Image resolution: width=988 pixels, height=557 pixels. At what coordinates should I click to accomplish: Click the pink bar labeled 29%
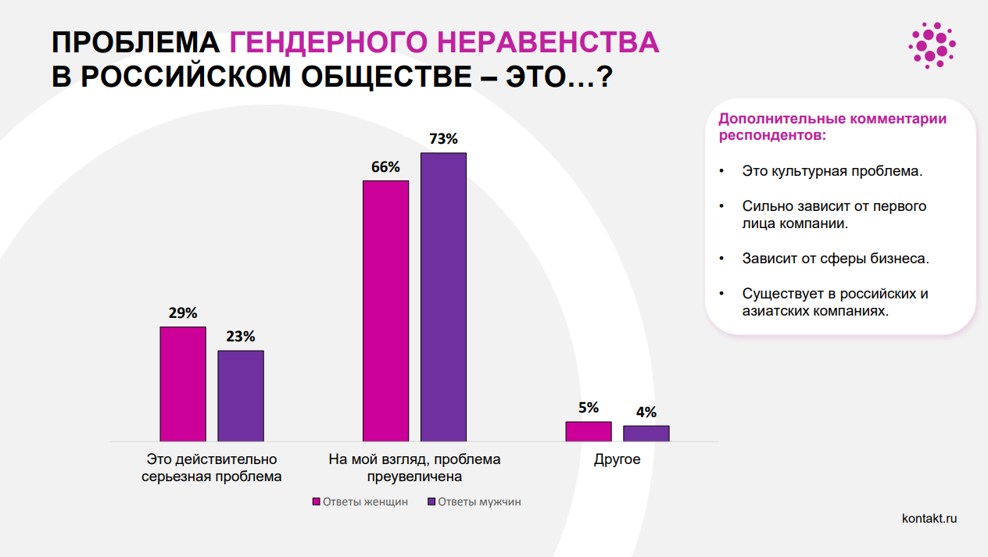coord(183,384)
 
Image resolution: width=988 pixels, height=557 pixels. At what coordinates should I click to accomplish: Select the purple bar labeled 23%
coord(241,395)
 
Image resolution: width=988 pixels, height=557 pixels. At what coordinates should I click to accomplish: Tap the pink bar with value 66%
coord(386,311)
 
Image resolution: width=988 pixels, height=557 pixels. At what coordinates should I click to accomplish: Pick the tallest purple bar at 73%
coord(443,297)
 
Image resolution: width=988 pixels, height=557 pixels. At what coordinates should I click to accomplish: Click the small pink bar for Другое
coord(589,431)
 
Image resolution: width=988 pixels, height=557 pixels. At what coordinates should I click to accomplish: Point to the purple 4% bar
coord(646,434)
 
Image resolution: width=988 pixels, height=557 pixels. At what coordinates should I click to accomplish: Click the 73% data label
coord(443,139)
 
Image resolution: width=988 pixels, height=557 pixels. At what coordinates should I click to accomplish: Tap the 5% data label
coord(589,408)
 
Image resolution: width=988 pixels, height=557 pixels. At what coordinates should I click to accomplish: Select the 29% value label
coord(182,313)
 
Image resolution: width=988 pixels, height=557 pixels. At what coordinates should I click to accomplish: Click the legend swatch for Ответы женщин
coord(317,502)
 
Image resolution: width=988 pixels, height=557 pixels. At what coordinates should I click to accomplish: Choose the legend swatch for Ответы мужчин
coord(431,502)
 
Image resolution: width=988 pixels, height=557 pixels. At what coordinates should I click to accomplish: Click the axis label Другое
coord(617,459)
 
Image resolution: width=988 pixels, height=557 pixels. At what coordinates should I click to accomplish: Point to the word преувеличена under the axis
coord(414,476)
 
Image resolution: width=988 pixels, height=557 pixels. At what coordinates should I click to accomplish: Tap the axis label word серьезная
coord(177,476)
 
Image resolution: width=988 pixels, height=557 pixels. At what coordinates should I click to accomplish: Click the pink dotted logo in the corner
coord(932,45)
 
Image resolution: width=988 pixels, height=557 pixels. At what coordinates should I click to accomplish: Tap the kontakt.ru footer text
coord(929,518)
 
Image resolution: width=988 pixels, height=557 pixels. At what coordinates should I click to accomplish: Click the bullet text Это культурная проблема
coord(832,170)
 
